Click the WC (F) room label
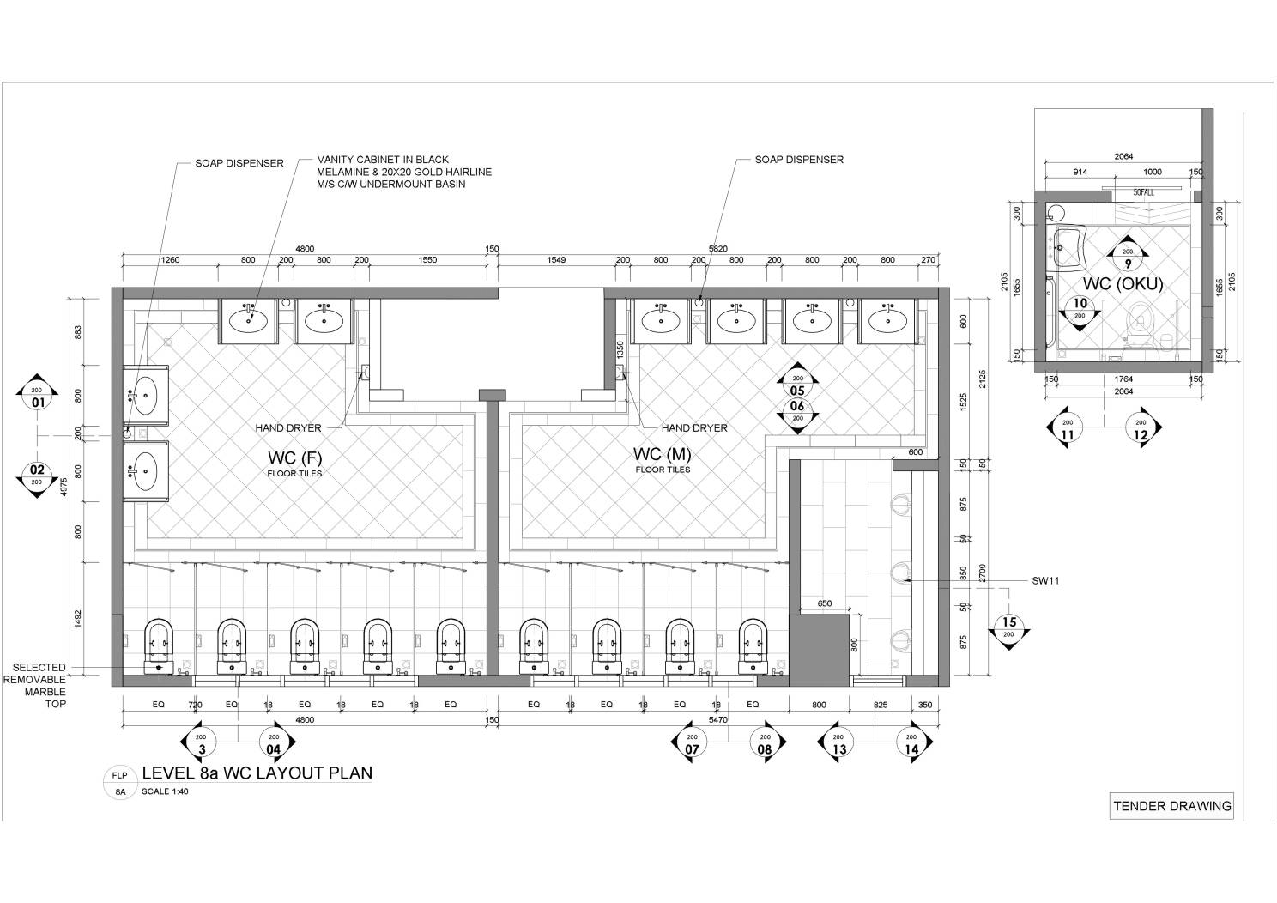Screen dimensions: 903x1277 pos(294,457)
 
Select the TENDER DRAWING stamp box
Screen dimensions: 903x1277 pos(1171,806)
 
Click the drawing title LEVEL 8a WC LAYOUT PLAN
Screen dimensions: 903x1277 pos(257,773)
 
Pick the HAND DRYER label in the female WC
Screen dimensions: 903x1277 pos(287,427)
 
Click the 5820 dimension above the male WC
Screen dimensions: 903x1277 pos(717,249)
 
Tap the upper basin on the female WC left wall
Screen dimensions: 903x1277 pos(146,396)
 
